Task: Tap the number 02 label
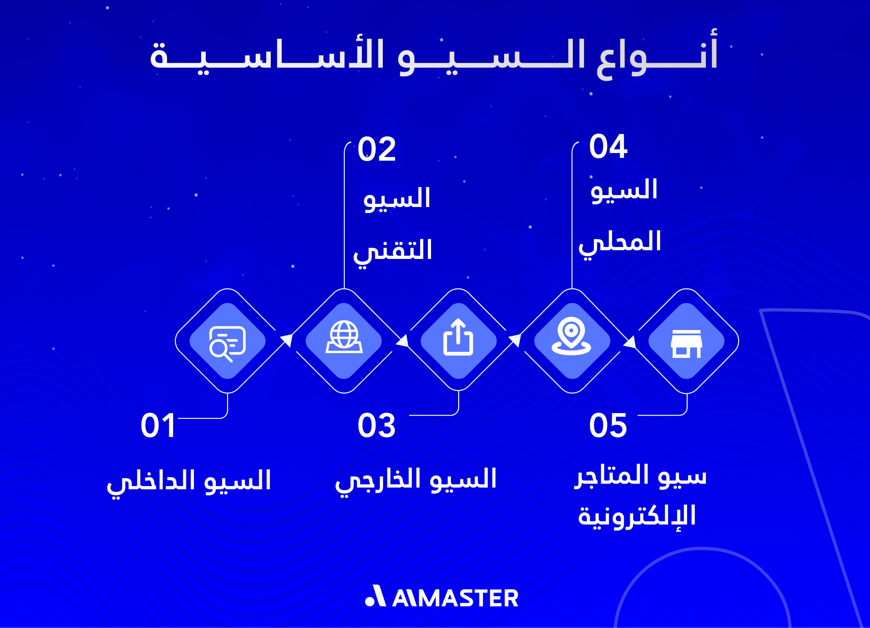point(376,149)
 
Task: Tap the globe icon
point(344,337)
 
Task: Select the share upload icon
point(458,337)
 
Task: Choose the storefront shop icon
point(686,344)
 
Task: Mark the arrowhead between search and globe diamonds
point(287,340)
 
